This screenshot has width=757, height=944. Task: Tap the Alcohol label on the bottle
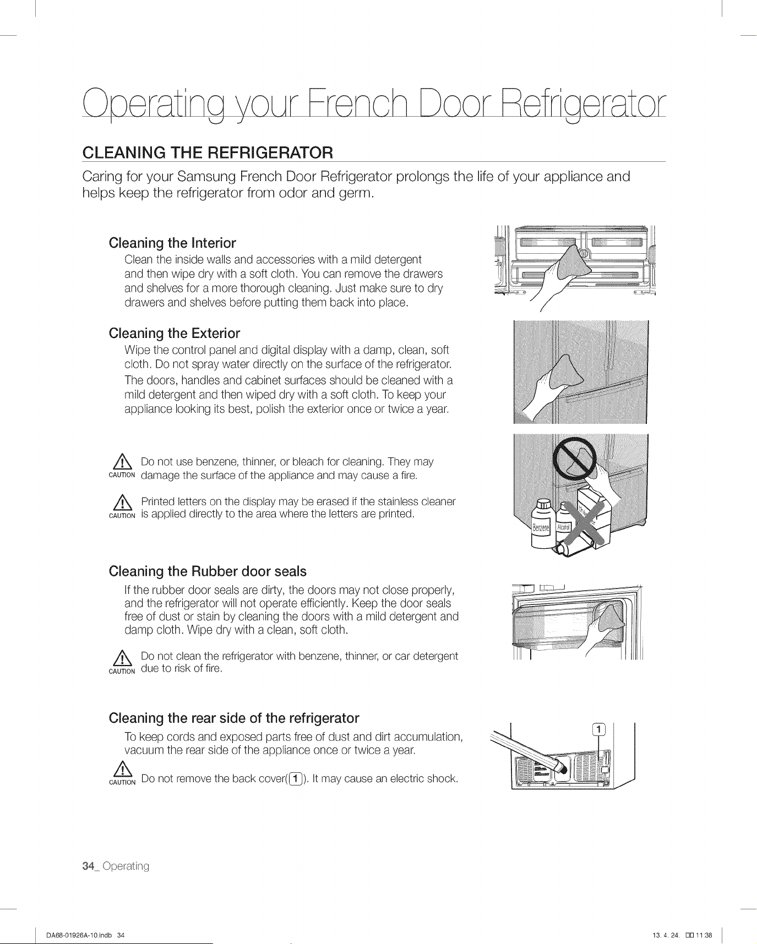(x=563, y=527)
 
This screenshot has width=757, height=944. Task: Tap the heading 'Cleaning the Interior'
(x=172, y=243)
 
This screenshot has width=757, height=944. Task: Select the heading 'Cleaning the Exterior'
(x=175, y=333)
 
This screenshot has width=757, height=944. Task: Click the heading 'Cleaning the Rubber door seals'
(x=208, y=571)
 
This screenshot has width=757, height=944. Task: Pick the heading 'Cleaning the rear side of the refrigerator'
(x=234, y=718)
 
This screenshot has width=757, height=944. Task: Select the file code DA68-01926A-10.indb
(x=79, y=935)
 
